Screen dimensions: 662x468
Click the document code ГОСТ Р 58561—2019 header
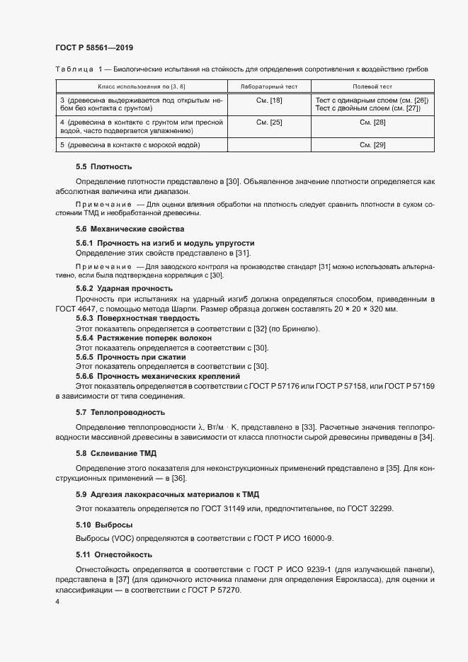tap(94, 47)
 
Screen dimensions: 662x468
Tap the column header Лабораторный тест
tap(269, 86)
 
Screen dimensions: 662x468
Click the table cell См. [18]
tap(269, 101)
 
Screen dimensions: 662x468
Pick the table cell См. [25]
tap(269, 122)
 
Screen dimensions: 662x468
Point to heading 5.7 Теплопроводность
tap(120, 412)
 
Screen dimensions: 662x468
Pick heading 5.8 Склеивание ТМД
tap(116, 453)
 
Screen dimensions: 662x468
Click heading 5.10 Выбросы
tap(104, 525)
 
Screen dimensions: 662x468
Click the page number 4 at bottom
tap(57, 601)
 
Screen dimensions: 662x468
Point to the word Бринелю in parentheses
tap(300, 329)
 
